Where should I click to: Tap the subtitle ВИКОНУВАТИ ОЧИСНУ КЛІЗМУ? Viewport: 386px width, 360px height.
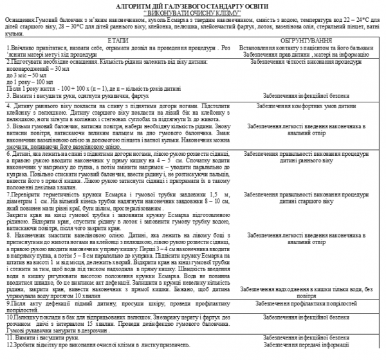193,12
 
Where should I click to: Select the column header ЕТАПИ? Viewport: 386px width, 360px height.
117,40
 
